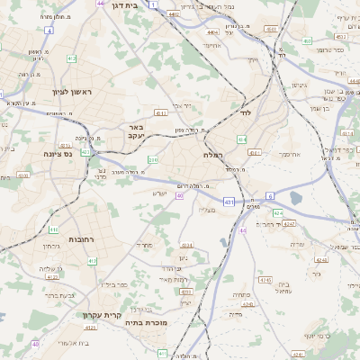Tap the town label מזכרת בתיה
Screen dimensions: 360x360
coord(147,321)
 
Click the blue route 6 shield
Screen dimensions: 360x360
coord(269,195)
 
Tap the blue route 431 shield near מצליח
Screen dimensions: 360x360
coord(230,202)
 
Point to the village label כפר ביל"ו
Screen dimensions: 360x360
coord(117,284)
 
